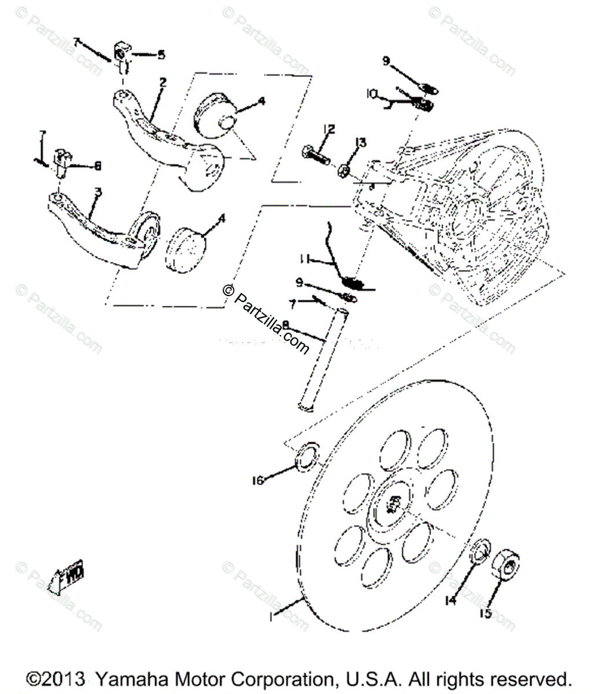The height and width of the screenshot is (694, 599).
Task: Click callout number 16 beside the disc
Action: [258, 480]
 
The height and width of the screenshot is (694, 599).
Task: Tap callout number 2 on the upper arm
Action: [163, 83]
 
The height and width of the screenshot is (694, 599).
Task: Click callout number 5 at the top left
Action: [161, 55]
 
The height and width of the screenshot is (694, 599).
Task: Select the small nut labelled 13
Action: [343, 170]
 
